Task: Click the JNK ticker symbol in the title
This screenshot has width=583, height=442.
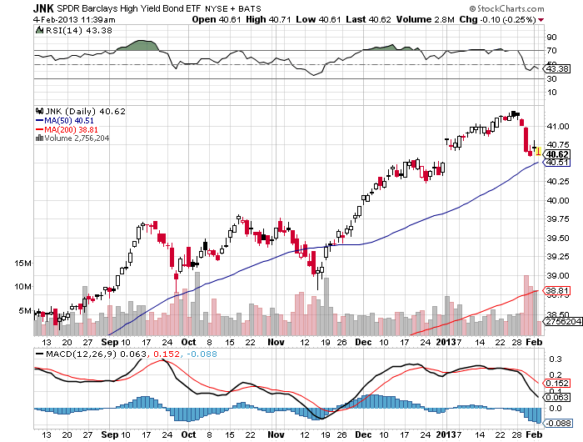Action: [43, 8]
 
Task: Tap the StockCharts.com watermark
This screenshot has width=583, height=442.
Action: [506, 8]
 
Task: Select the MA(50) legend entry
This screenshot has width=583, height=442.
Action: [65, 121]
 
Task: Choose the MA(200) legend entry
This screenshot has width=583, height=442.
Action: [67, 129]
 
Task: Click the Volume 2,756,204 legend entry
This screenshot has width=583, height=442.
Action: [72, 138]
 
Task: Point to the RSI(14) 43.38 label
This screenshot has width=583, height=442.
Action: [74, 31]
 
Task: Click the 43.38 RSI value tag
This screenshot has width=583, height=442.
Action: [556, 69]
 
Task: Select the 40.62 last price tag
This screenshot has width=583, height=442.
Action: [556, 154]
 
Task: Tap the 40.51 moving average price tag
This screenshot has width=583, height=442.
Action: [556, 163]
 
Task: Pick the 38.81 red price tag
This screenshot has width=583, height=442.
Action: [556, 290]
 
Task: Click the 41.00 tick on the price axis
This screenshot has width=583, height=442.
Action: [558, 127]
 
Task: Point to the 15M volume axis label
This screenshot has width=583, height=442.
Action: [23, 264]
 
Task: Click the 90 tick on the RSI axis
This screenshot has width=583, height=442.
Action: [551, 38]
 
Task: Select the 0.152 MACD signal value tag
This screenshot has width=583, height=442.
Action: [556, 384]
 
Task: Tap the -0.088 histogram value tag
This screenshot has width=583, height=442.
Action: [557, 424]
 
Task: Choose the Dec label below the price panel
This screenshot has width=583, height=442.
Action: [363, 342]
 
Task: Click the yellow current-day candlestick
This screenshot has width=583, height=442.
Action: [538, 151]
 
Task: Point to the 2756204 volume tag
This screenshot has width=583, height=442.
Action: [562, 321]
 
